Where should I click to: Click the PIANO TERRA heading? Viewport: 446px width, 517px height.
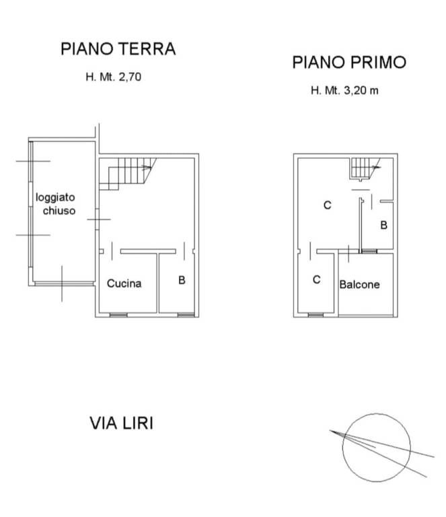tap(118, 49)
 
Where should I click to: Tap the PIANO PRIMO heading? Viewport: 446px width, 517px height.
tap(349, 63)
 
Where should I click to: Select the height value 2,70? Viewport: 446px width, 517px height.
tap(130, 77)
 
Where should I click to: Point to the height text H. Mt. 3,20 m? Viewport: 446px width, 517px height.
tap(344, 90)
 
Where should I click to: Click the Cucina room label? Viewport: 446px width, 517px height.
tap(124, 283)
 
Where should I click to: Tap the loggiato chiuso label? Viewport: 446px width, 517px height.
tap(56, 204)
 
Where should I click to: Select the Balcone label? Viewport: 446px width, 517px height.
tap(359, 284)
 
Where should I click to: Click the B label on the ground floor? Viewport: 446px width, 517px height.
tap(182, 280)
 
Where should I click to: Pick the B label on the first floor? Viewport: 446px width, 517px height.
tap(383, 225)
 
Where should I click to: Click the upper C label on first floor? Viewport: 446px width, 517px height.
tap(328, 205)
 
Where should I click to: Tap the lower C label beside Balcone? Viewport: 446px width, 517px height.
tap(317, 279)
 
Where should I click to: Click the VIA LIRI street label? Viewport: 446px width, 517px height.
tap(122, 423)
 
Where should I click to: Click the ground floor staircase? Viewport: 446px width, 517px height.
tap(127, 174)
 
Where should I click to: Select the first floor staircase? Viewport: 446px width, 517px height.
tap(365, 168)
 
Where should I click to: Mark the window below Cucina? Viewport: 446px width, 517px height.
tap(118, 315)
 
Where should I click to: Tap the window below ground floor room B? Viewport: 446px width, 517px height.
tap(186, 315)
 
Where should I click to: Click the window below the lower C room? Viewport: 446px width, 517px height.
tap(315, 315)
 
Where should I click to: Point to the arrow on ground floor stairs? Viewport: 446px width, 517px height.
tap(147, 168)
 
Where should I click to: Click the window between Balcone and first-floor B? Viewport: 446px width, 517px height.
tap(369, 251)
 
